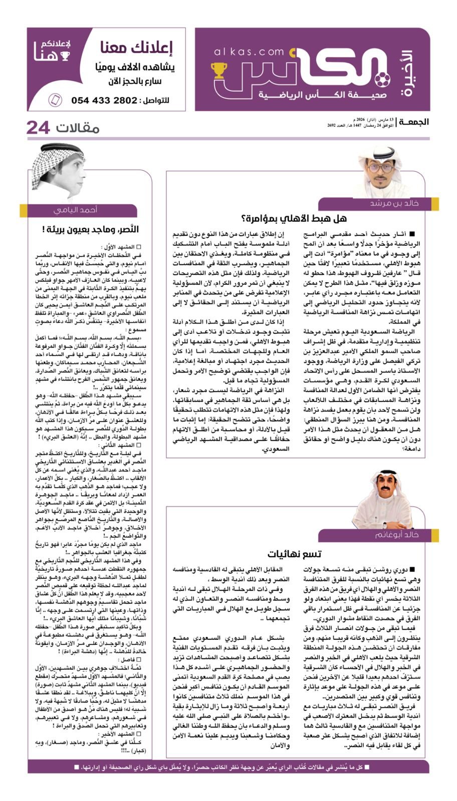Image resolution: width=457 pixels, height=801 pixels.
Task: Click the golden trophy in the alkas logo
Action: click(x=219, y=70)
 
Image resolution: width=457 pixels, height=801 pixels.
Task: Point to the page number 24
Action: click(x=38, y=128)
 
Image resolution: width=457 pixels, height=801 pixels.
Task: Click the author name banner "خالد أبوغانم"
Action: click(x=396, y=535)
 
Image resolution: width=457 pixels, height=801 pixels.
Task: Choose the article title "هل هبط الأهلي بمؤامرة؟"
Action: click(x=294, y=218)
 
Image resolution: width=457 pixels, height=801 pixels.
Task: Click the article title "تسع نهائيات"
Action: click(x=294, y=554)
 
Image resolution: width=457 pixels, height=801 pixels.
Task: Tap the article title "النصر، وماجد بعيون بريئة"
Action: click(x=91, y=229)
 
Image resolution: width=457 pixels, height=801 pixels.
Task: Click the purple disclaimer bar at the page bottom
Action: click(x=228, y=766)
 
